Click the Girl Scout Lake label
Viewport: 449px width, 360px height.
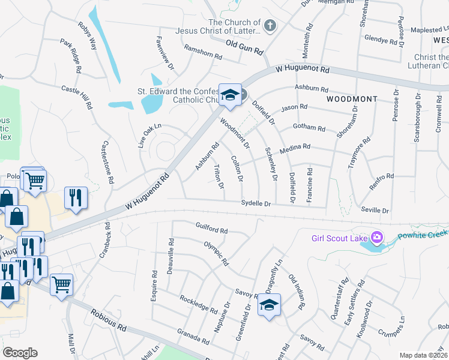coord(339,238)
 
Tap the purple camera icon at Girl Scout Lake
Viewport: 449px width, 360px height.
coord(376,238)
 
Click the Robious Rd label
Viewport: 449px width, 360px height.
coord(109,320)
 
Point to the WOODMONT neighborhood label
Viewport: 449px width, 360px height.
coord(352,98)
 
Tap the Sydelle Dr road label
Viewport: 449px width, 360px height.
coord(256,204)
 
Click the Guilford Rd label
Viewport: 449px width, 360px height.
coord(212,229)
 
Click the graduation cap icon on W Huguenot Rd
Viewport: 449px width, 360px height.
coord(229,95)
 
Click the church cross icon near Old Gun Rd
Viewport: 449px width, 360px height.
coord(270,26)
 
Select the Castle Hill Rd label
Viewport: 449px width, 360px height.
coord(77,96)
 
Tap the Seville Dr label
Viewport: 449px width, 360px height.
coord(375,211)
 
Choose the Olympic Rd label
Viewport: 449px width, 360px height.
coord(216,254)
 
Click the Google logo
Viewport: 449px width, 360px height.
coord(20,352)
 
